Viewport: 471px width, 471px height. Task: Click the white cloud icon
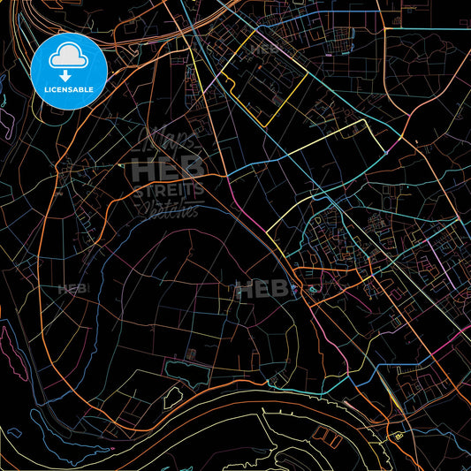tap(69, 57)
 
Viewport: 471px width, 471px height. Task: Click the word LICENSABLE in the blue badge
tap(69, 89)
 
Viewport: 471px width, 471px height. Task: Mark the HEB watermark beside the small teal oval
tap(255, 288)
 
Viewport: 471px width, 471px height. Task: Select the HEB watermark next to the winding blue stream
tap(72, 289)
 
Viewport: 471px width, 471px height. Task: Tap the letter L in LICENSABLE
tap(36, 89)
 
